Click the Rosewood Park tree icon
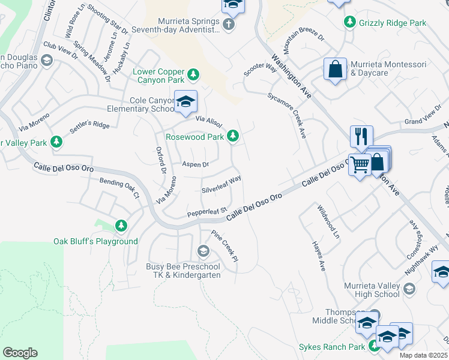tap(234, 137)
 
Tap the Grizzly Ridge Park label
tap(393, 23)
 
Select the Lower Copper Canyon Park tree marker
tap(193, 74)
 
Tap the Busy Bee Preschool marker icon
tap(203, 250)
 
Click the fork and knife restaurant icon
tap(361, 137)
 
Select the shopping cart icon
tap(360, 164)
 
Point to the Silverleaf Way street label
tap(221, 185)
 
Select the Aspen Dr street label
tap(195, 164)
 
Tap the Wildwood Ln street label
tap(329, 223)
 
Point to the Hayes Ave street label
tap(318, 256)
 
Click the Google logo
tap(20, 353)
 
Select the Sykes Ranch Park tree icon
tap(374, 346)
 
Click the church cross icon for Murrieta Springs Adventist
tap(228, 25)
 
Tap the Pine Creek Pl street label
tap(224, 245)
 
